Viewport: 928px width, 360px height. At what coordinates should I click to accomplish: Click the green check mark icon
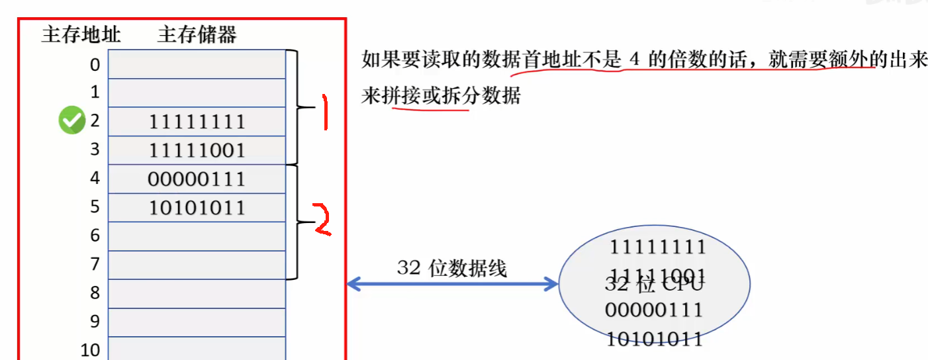[x=72, y=121]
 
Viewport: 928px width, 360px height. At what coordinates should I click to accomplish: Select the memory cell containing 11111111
[x=197, y=122]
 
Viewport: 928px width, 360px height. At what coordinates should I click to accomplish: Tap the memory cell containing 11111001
[x=197, y=150]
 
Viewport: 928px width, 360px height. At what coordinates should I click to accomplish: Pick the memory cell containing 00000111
[x=197, y=179]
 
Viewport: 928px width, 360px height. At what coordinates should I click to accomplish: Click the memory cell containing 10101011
[x=197, y=207]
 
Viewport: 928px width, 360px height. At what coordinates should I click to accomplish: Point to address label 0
[x=95, y=65]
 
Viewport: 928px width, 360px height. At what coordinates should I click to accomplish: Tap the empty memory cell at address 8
[x=197, y=293]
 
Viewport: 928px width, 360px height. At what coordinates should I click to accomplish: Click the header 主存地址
[x=81, y=34]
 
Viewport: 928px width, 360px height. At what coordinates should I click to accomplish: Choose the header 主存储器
[x=197, y=34]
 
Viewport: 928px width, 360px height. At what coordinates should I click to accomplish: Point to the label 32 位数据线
[x=451, y=268]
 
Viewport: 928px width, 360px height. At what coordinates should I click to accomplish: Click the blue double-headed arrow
[x=453, y=285]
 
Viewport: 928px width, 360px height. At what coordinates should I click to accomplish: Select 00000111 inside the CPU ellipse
[x=654, y=310]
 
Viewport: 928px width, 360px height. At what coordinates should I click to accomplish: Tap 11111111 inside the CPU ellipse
[x=657, y=247]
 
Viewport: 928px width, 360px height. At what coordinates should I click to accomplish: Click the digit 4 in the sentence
[x=634, y=60]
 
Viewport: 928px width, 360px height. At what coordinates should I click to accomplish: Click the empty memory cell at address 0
[x=197, y=65]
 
